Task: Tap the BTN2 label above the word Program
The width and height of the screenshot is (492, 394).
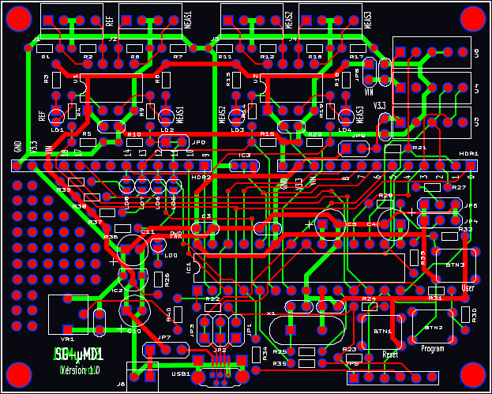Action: pyautogui.click(x=432, y=327)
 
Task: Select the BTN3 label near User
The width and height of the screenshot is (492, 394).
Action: pyautogui.click(x=454, y=265)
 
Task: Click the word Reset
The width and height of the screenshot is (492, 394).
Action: pyautogui.click(x=389, y=354)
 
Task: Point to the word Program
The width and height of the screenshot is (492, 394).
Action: pyautogui.click(x=432, y=348)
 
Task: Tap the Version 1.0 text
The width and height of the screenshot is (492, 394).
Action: pyautogui.click(x=79, y=370)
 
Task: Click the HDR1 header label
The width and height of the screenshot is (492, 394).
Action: pyautogui.click(x=469, y=153)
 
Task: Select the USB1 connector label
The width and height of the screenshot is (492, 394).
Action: pyautogui.click(x=179, y=373)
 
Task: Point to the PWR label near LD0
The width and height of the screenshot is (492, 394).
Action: pyautogui.click(x=177, y=235)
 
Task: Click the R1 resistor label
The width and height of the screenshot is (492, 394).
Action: pyautogui.click(x=45, y=58)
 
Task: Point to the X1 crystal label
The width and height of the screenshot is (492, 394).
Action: pyautogui.click(x=272, y=313)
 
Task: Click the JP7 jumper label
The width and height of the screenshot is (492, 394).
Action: pyautogui.click(x=164, y=337)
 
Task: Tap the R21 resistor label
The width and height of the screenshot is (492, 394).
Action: pyautogui.click(x=419, y=148)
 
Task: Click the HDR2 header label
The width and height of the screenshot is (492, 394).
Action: pyautogui.click(x=201, y=178)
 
